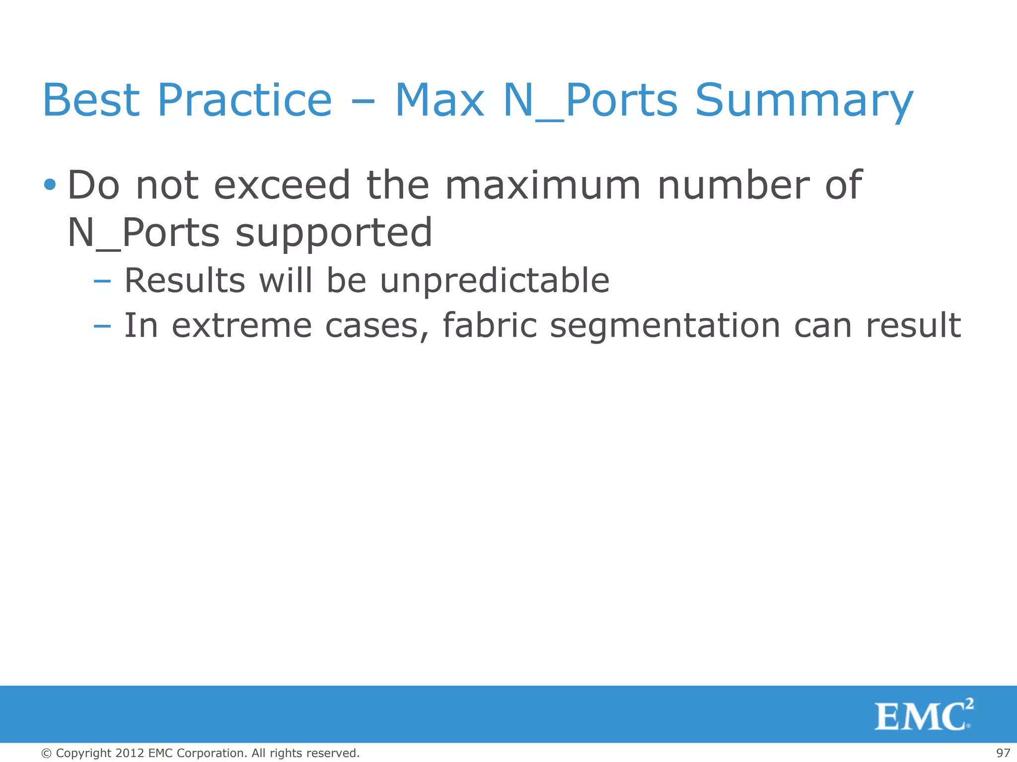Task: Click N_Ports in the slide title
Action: point(590,101)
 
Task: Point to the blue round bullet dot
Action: point(50,185)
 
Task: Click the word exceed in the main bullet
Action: point(282,185)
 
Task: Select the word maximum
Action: point(543,185)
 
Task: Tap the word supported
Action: point(334,233)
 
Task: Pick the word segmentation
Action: point(665,326)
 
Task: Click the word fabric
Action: point(490,326)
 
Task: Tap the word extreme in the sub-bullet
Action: point(242,326)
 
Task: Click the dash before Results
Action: point(102,281)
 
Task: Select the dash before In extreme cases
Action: point(102,326)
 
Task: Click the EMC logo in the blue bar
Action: point(923,715)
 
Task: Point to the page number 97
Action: point(1003,753)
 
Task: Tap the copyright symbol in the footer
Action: point(46,754)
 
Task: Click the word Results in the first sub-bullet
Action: point(184,281)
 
